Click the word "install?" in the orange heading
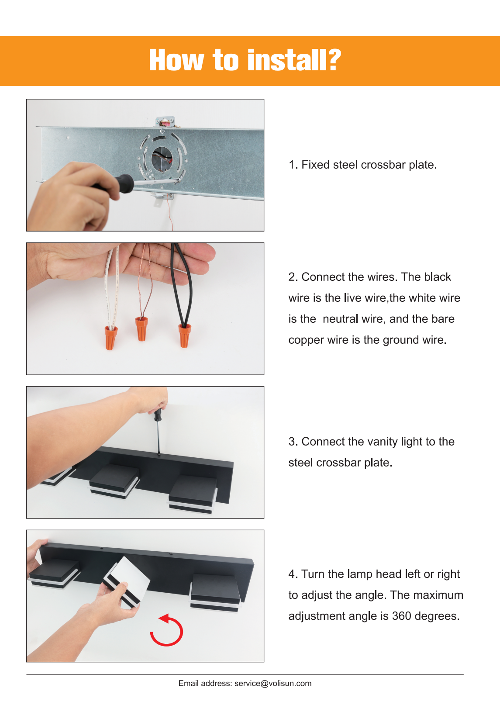pos(294,60)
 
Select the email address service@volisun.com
pos(273,684)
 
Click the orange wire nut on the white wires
pos(110,338)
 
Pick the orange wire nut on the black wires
pos(184,335)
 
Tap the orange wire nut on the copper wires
pos(142,328)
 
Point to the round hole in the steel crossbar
pos(162,159)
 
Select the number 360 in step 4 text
pos(401,616)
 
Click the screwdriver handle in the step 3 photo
pos(158,415)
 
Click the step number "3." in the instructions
pos(293,442)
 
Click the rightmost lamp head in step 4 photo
pos(215,593)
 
